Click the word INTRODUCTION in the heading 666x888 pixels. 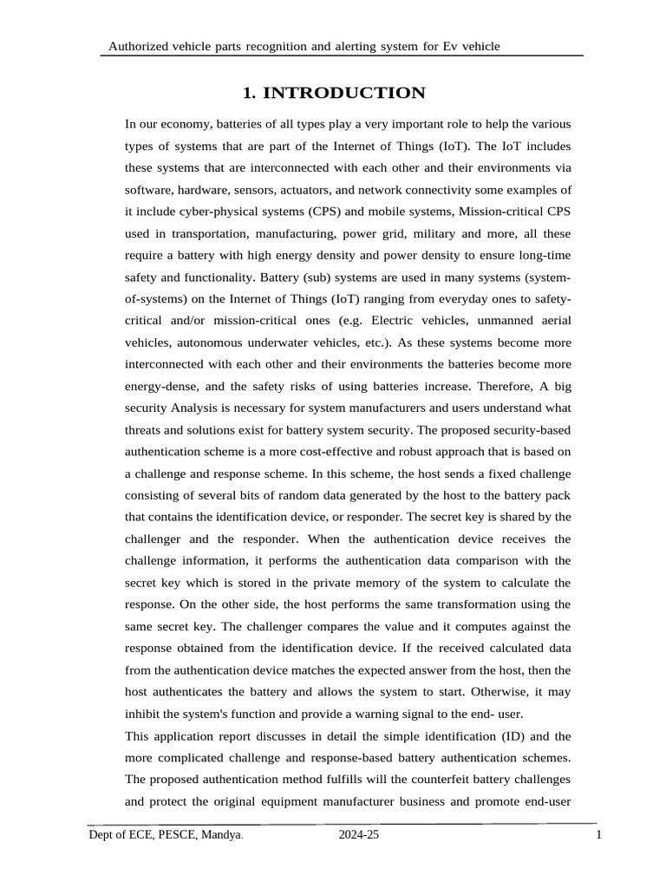(345, 93)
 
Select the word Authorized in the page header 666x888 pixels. (135, 46)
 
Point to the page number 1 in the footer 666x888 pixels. (599, 835)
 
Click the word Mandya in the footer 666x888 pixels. (219, 835)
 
